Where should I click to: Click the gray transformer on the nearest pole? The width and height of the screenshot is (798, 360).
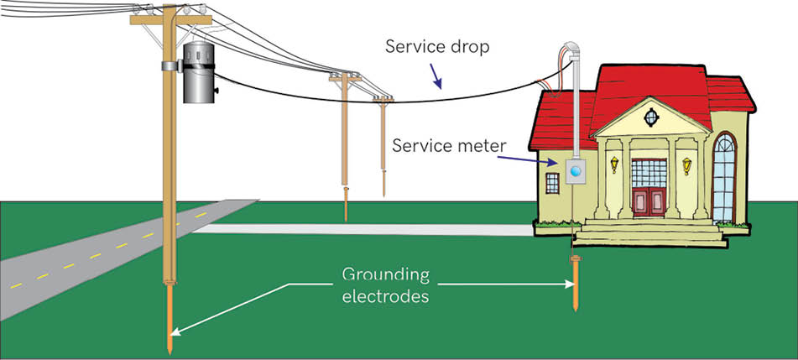200,71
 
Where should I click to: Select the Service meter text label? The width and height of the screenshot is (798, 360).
449,146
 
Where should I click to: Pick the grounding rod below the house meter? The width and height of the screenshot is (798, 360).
575,285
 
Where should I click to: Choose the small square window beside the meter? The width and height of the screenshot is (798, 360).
551,182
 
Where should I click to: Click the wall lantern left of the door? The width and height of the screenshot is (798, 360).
614,164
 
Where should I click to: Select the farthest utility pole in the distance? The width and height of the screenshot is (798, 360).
384,143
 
